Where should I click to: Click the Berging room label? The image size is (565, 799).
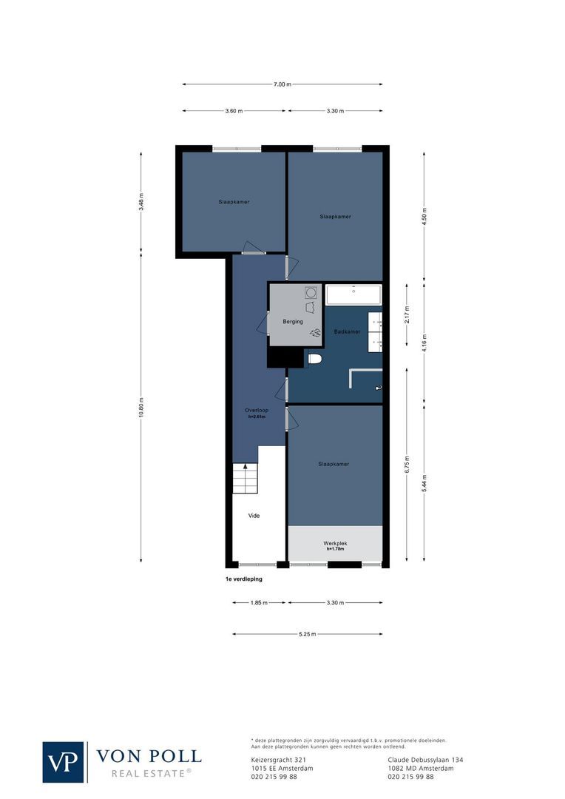click(x=294, y=323)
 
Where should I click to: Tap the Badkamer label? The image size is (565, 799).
click(x=347, y=331)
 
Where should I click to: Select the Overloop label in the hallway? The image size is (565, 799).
click(x=256, y=410)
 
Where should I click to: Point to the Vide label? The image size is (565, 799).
click(x=254, y=516)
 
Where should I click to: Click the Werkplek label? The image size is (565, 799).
click(x=336, y=544)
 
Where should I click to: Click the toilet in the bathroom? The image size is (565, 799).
click(x=314, y=359)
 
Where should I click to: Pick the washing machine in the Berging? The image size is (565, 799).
click(x=311, y=292)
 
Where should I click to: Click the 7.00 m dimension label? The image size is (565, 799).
click(x=281, y=84)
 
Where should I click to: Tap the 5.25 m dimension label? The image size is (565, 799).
click(x=308, y=634)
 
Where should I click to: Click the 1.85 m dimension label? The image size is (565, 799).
click(x=259, y=603)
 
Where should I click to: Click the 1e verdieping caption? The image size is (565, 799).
click(x=244, y=580)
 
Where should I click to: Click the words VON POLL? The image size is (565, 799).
click(x=149, y=755)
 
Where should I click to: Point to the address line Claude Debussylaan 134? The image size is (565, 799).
click(x=425, y=760)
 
